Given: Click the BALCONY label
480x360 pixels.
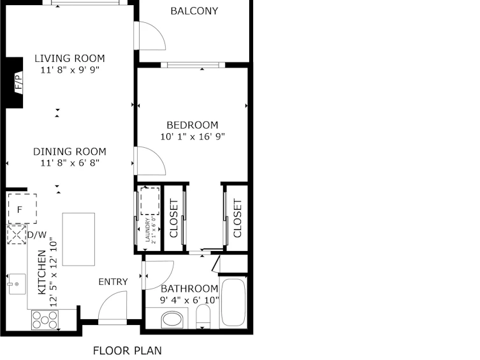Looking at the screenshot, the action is point(194,11).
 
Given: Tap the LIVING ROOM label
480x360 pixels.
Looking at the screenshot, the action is point(69,58).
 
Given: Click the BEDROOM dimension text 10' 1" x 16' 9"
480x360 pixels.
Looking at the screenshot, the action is point(193,136).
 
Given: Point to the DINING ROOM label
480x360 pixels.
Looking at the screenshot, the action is point(69,152).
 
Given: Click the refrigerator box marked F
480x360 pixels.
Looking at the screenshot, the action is point(22,209).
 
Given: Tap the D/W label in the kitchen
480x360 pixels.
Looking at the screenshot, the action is point(37,235).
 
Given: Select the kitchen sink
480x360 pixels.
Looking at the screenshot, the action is point(17,284).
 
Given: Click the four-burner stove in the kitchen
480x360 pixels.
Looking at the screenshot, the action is point(45,320).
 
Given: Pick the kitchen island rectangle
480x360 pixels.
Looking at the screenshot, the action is point(78,239).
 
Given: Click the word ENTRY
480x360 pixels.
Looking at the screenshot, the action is point(113,282).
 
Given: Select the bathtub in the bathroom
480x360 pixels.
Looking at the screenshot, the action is point(233,302).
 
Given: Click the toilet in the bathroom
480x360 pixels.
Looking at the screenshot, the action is point(203,316).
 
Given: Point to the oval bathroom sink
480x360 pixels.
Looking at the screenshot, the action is point(172,320).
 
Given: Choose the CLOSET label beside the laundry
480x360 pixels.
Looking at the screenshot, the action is point(173,218).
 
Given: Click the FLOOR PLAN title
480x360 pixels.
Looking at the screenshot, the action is point(127,350).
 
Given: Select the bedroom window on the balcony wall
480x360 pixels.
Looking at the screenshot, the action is point(193,65).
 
